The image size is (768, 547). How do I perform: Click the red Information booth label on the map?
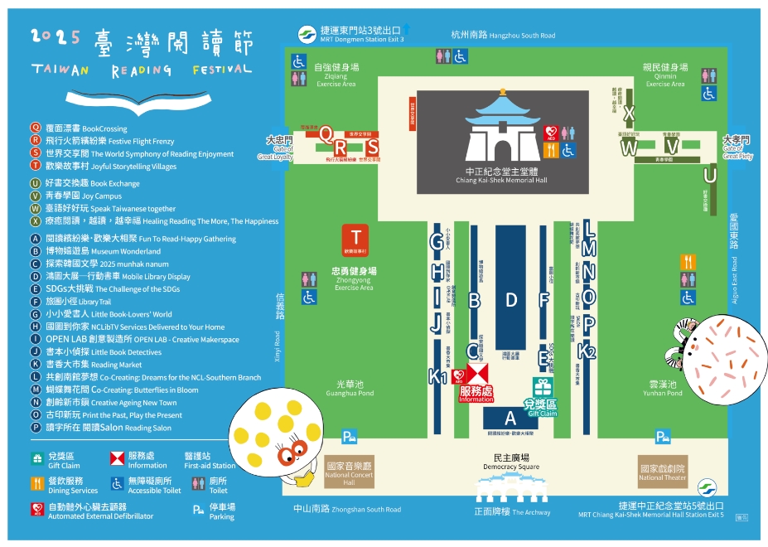pyautogui.click(x=476, y=394)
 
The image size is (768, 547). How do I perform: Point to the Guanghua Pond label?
pyautogui.click(x=355, y=388)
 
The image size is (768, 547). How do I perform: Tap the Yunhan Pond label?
pyautogui.click(x=665, y=388)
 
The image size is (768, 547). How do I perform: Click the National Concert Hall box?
pyautogui.click(x=350, y=472)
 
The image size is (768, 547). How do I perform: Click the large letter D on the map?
pyautogui.click(x=511, y=300)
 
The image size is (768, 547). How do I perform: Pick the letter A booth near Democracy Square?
pyautogui.click(x=510, y=419)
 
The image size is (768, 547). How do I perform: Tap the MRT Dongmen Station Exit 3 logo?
pyautogui.click(x=307, y=34)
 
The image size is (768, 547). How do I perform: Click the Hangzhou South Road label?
pyautogui.click(x=503, y=35)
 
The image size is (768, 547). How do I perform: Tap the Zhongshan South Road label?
pyautogui.click(x=347, y=510)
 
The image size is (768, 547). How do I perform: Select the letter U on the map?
pyautogui.click(x=709, y=175)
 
